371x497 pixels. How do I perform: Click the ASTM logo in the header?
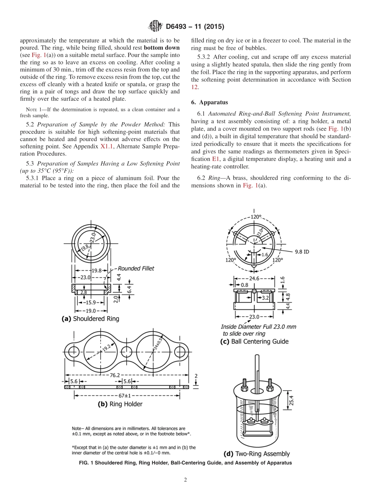(x=155, y=27)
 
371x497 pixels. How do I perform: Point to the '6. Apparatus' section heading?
(x=209, y=102)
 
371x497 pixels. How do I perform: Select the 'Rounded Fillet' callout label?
(x=136, y=268)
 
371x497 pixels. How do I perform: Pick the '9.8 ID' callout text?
(x=301, y=252)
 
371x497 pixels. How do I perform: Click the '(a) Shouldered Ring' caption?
(x=90, y=318)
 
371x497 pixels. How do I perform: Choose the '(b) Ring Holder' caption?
(x=120, y=404)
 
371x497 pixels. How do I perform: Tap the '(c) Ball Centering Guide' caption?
(x=254, y=341)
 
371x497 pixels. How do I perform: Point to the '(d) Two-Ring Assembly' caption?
(x=256, y=454)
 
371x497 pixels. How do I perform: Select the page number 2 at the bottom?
(x=185, y=480)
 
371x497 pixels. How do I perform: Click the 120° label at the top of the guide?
(x=256, y=217)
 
